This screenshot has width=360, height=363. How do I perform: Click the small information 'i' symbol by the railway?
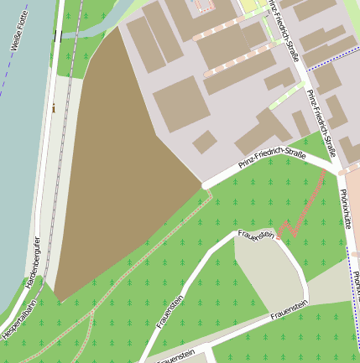54,107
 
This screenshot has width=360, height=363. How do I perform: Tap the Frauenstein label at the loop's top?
255,235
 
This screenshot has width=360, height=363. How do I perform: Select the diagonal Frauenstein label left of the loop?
170,309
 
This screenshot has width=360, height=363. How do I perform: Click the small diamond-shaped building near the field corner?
204,142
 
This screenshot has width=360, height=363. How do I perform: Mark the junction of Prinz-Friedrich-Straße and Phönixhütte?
339,169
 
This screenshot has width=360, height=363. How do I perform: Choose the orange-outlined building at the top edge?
206,6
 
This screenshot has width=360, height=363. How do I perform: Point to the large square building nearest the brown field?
180,102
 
